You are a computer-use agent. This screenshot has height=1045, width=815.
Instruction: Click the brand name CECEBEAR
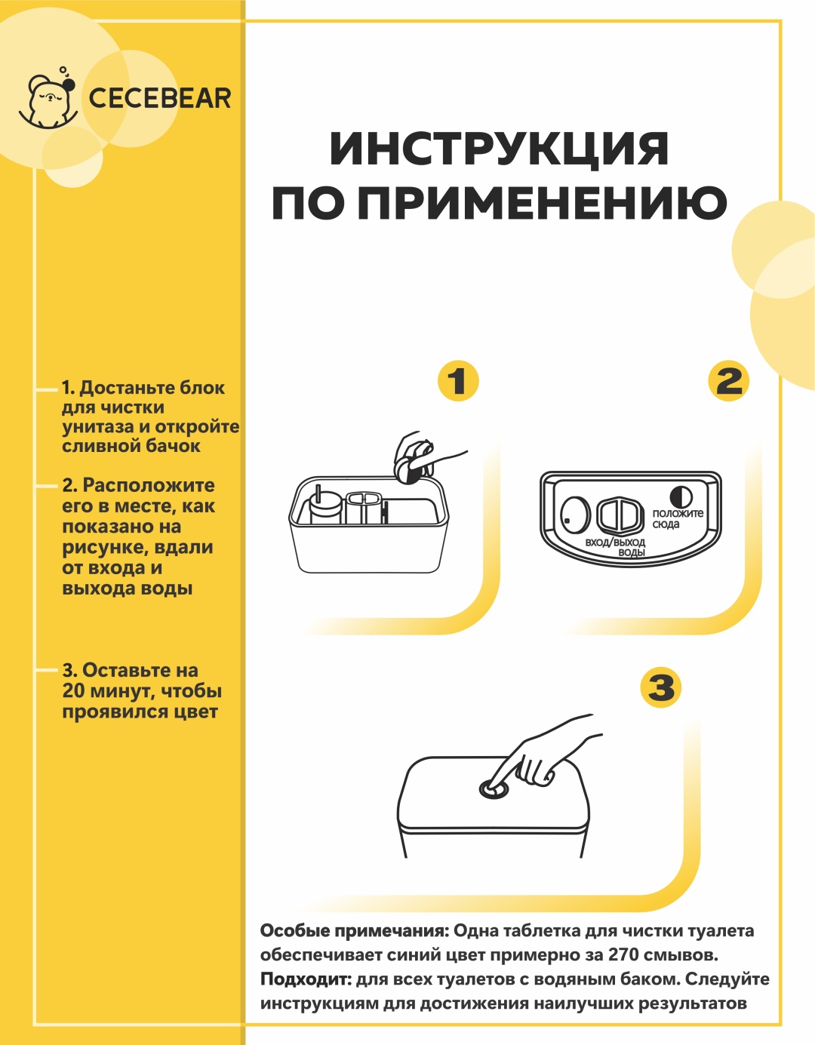click(x=160, y=99)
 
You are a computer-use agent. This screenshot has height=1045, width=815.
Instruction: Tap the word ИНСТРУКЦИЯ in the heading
click(x=499, y=149)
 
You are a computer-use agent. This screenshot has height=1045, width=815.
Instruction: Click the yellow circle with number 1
click(x=458, y=381)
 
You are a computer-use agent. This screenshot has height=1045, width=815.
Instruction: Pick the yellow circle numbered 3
click(x=661, y=687)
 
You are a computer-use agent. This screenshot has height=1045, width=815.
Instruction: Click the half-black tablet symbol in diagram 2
click(x=681, y=497)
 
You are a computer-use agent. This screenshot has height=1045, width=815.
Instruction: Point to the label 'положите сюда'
click(x=678, y=518)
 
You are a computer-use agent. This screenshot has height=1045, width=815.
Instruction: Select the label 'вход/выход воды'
click(x=615, y=547)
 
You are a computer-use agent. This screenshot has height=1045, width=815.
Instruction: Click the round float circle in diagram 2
click(x=575, y=514)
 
